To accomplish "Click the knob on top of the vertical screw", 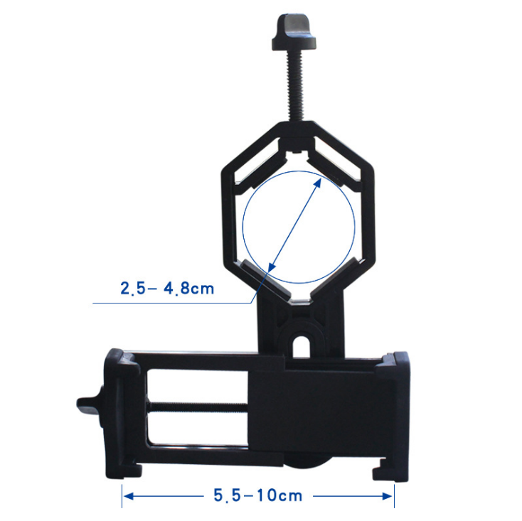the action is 294,32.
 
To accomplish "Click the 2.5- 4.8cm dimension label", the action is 167,289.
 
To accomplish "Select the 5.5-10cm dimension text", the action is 258,495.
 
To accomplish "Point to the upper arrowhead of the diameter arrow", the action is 317,183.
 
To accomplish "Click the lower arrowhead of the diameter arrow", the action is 272,266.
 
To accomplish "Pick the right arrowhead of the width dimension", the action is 388,496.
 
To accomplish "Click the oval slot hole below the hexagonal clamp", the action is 302,346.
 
